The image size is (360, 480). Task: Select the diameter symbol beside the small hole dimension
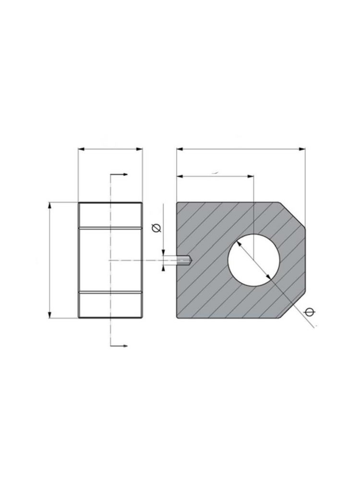(x=156, y=228)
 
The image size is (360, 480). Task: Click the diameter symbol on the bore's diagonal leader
(x=310, y=312)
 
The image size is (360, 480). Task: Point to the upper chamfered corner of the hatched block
(x=292, y=214)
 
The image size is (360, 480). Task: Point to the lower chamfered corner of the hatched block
(x=292, y=305)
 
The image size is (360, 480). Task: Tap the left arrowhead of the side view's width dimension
(x=81, y=149)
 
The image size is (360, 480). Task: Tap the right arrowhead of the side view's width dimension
(x=140, y=149)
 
